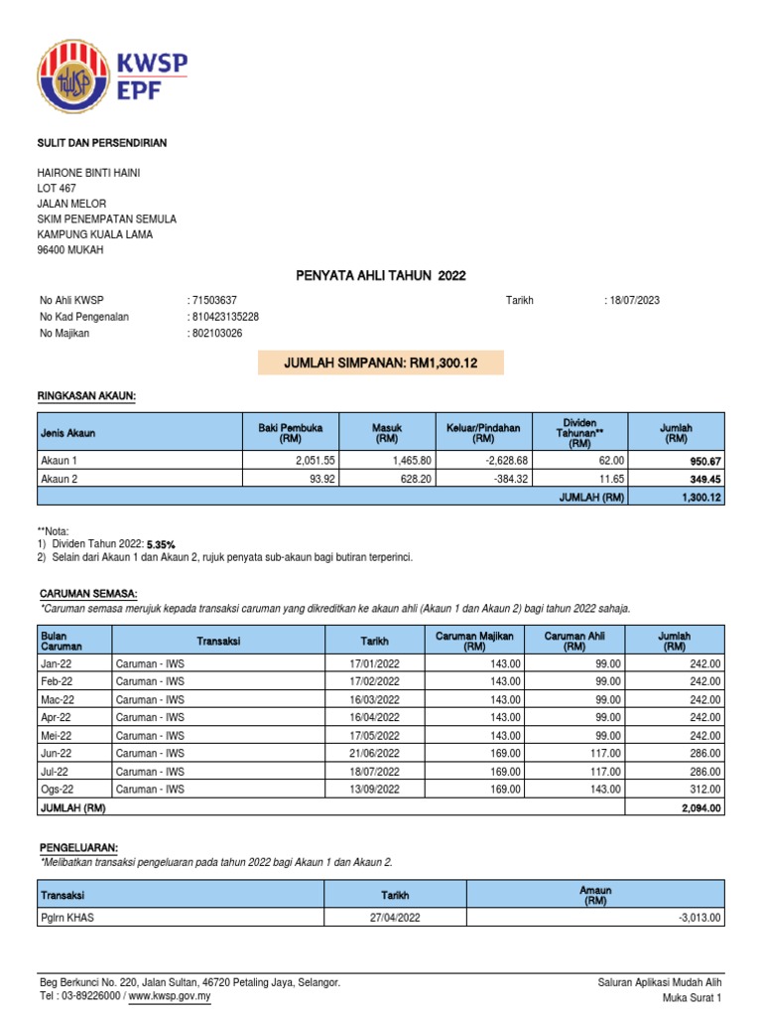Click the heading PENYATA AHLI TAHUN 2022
(381, 275)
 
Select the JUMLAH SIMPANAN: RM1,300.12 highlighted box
(381, 363)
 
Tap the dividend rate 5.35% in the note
(161, 544)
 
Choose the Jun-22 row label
(56, 754)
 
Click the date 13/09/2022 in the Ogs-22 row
(375, 790)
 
